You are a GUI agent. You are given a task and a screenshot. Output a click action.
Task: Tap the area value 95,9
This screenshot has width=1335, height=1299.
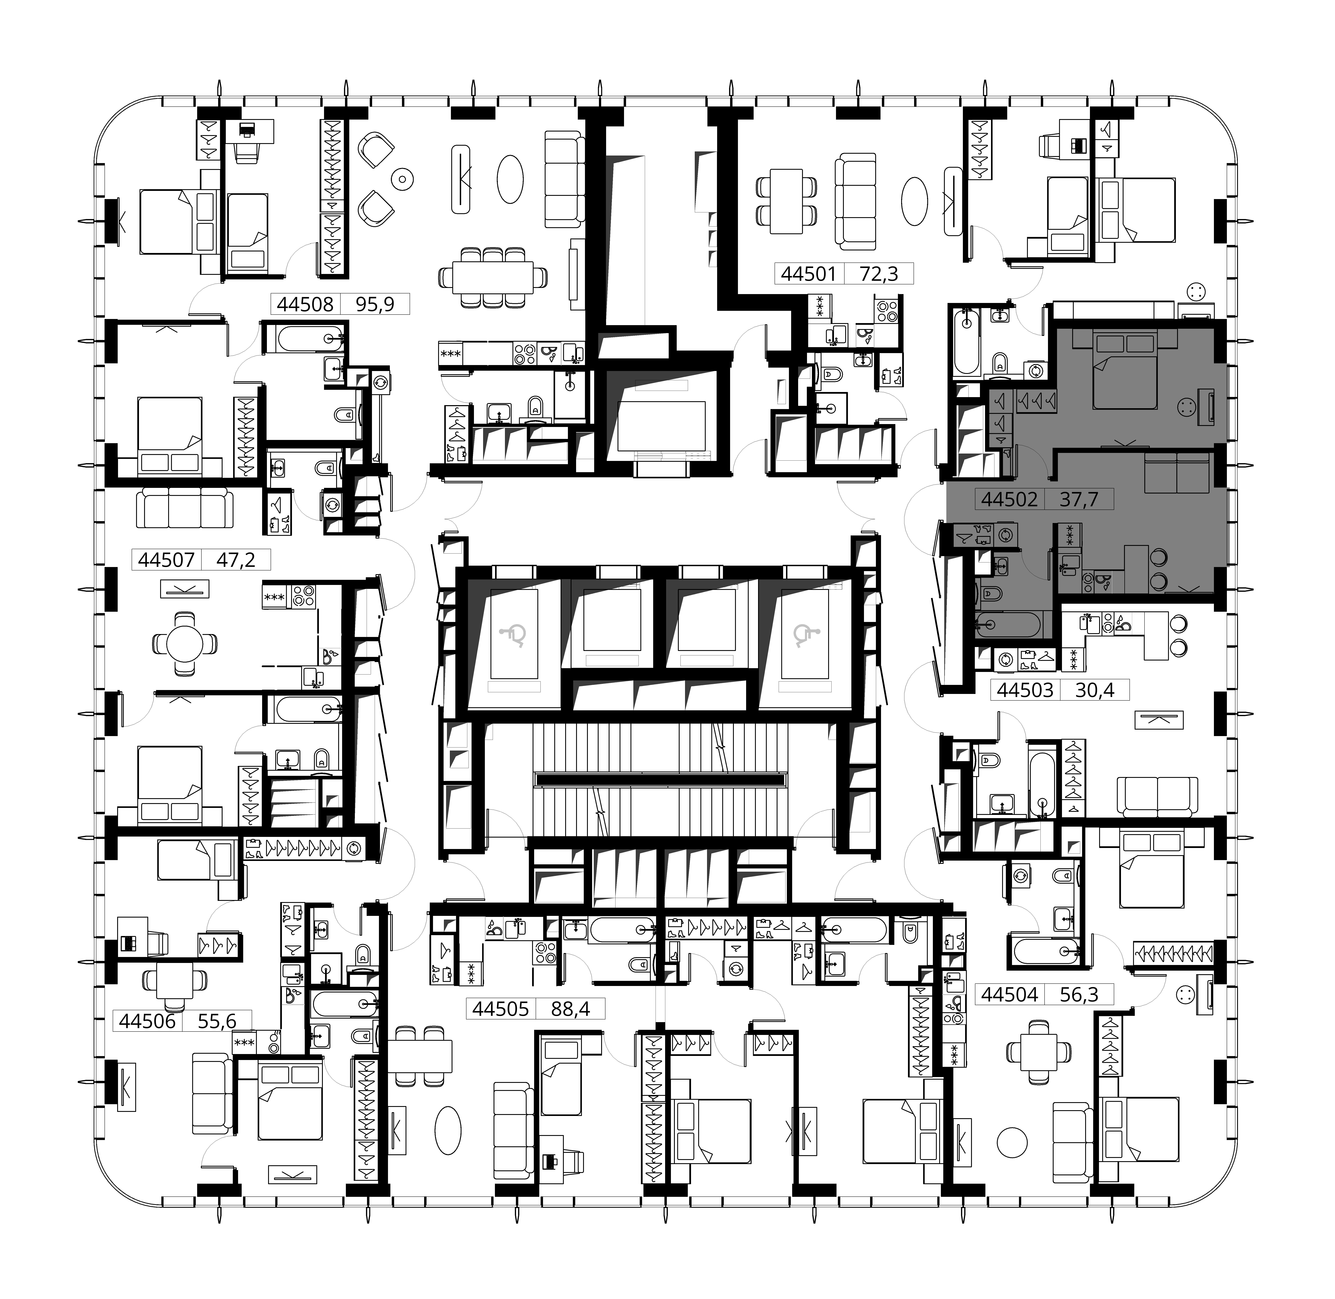375,304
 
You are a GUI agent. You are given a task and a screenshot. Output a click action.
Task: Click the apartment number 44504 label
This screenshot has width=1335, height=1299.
1010,995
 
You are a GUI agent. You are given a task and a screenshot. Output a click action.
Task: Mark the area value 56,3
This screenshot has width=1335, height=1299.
1079,995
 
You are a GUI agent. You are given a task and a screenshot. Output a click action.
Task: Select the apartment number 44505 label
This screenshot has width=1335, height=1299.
501,1008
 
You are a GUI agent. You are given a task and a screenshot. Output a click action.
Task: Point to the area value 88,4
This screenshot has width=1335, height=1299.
570,1008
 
